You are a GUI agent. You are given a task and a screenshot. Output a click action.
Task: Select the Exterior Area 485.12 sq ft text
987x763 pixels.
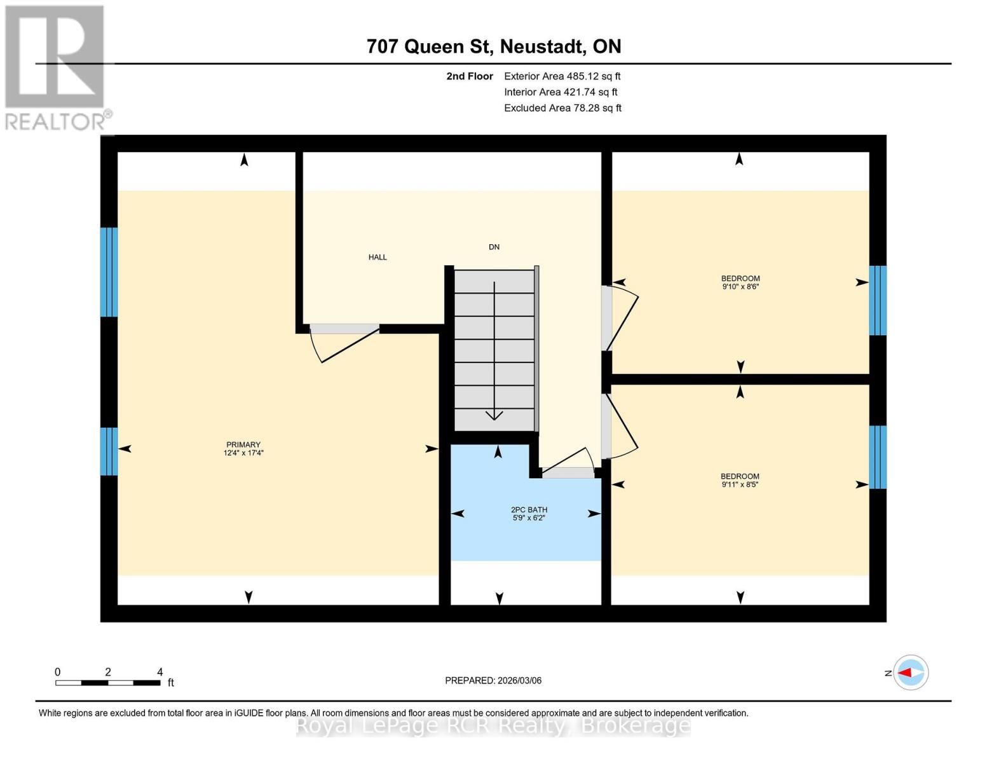point(562,76)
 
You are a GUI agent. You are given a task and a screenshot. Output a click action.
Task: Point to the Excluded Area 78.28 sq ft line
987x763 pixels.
point(562,108)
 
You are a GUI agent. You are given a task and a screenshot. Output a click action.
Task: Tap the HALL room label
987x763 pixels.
point(378,258)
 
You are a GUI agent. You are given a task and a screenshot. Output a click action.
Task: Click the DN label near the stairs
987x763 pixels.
point(494,247)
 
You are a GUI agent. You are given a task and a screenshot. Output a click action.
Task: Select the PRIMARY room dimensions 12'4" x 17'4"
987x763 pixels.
point(243,453)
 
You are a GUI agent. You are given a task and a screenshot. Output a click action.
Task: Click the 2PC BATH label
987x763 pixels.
point(529,510)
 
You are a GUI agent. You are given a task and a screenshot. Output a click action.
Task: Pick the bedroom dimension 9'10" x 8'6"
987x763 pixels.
point(740,287)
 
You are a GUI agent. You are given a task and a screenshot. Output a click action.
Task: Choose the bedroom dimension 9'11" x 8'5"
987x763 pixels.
point(740,485)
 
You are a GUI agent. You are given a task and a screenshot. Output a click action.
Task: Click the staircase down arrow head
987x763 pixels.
point(494,415)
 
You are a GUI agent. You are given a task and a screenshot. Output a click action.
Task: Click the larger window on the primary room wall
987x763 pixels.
point(109,272)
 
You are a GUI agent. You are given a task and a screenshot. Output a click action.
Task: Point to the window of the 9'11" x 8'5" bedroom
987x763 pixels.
point(878,457)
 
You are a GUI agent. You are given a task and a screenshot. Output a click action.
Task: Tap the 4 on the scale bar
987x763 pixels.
point(160,672)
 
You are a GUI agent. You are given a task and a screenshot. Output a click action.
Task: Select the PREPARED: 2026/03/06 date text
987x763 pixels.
point(493,680)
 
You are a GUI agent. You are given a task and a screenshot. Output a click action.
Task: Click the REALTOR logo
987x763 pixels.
point(55,67)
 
